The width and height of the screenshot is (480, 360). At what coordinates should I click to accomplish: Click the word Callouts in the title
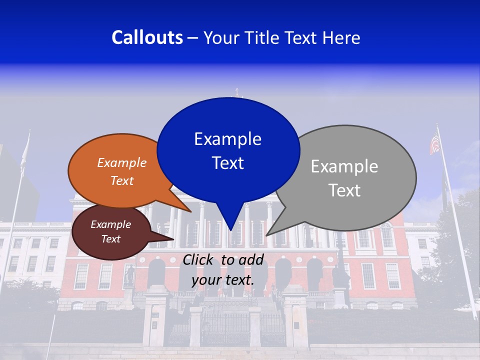147,37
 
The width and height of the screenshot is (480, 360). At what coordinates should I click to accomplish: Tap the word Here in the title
341,37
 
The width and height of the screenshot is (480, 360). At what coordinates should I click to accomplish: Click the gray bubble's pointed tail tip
266,235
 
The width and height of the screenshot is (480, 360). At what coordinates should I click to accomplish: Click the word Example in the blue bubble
227,139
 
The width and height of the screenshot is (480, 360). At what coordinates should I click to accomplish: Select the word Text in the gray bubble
345,190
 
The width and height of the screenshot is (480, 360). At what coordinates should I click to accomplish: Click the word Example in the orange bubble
122,163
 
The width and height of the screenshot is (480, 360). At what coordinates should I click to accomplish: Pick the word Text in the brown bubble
111,239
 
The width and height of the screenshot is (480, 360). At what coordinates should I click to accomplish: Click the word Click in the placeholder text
199,259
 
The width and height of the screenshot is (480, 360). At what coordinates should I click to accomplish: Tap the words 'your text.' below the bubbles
223,280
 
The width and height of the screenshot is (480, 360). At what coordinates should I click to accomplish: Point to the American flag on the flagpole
434,144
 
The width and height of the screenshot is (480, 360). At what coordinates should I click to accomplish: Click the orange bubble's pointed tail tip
190,211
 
